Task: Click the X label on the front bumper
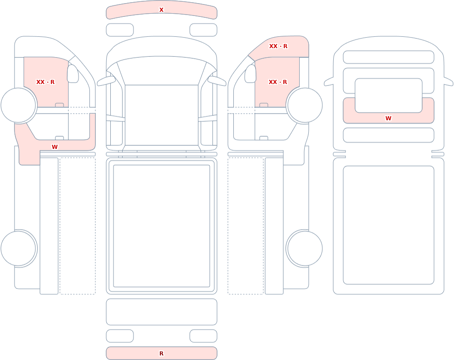161,10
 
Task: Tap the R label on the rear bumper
161,353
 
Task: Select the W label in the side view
55,147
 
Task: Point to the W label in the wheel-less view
388,118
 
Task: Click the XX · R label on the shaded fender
278,46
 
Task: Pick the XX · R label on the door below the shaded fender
278,82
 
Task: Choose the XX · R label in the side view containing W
45,82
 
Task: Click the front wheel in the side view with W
19,105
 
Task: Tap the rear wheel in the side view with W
19,248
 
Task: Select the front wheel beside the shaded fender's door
305,105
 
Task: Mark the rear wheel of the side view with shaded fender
305,248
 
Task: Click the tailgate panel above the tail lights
162,311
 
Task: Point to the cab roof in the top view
162,115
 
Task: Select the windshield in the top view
162,70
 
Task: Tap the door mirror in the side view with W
73,74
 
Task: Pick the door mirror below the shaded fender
251,74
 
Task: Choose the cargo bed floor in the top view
162,226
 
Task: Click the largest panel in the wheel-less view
389,225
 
